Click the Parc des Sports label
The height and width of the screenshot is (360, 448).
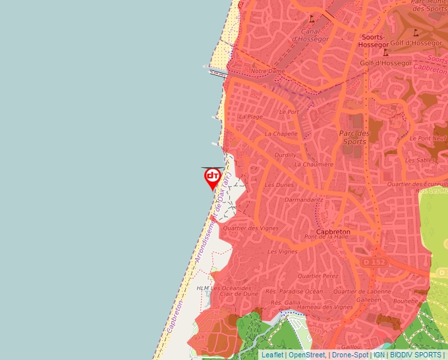point(354,137)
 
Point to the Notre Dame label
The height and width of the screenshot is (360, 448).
point(267,70)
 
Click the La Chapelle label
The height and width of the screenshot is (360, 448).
point(281,134)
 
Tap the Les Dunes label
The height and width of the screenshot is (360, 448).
point(279,185)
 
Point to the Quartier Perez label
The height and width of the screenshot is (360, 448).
point(318,276)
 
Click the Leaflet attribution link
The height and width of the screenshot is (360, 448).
point(273,355)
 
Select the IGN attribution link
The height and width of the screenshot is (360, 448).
point(379,355)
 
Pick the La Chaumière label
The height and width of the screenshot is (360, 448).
point(314,165)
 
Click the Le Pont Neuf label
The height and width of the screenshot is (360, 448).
point(428,138)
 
